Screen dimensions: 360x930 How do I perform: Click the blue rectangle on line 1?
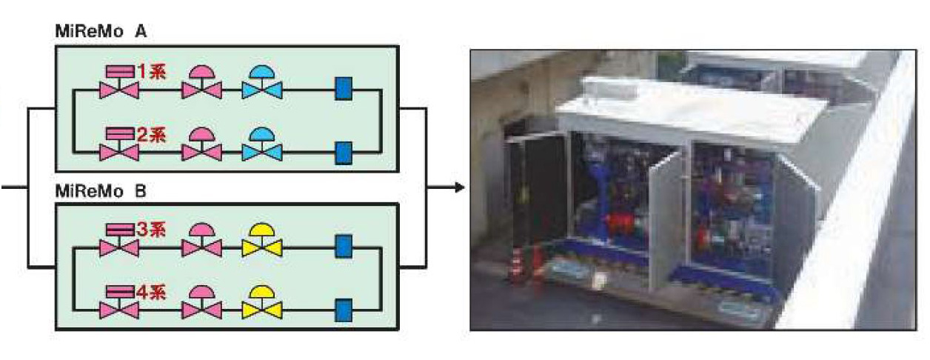[343, 89]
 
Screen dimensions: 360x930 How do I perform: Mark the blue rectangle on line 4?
[343, 309]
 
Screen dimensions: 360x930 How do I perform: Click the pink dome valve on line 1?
[201, 83]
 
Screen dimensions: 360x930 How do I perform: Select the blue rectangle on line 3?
[343, 246]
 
